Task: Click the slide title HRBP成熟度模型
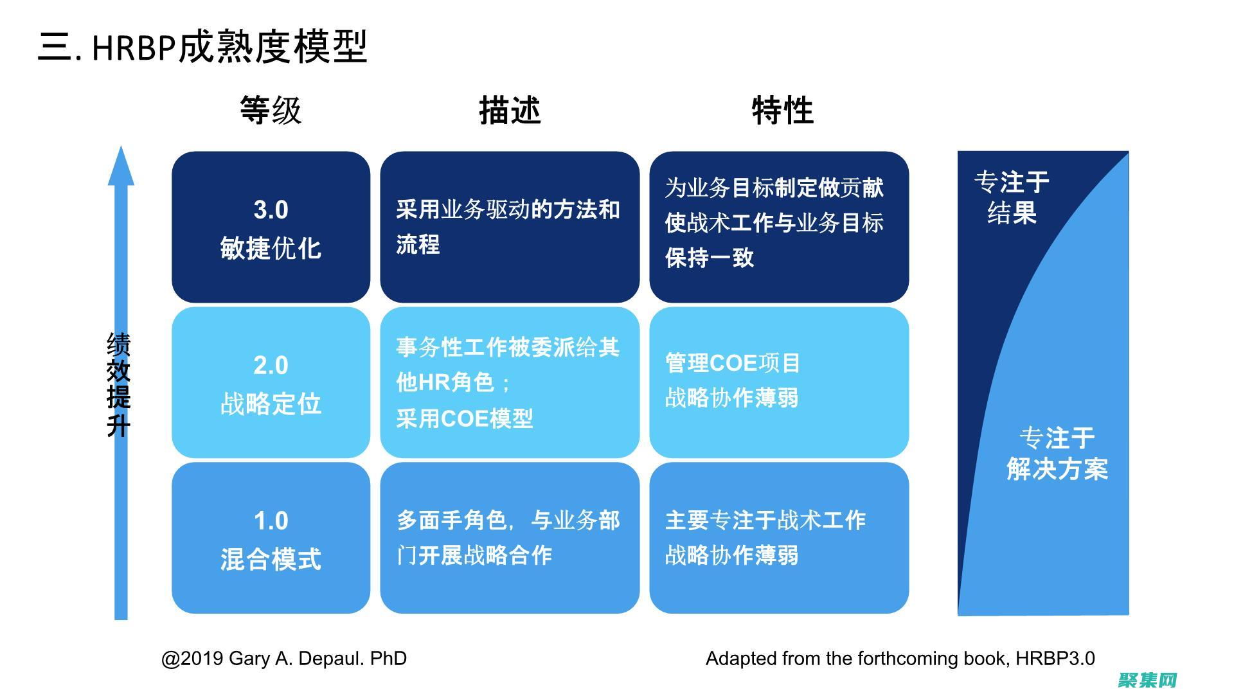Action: (x=202, y=46)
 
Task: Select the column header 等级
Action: (x=271, y=111)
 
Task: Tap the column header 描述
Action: (x=510, y=111)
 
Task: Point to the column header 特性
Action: (x=782, y=111)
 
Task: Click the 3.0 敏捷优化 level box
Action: (x=271, y=227)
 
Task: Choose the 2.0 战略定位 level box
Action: (x=271, y=383)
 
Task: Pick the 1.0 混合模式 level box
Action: (x=271, y=538)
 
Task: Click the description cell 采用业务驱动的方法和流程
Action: (x=510, y=227)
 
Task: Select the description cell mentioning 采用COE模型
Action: (x=510, y=383)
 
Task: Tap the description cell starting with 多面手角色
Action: (x=510, y=538)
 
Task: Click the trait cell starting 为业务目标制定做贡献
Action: (x=779, y=227)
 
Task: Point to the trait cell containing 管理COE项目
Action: (x=779, y=383)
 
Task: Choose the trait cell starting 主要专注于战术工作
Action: (x=779, y=538)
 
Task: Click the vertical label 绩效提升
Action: (x=119, y=384)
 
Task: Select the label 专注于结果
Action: (x=1012, y=197)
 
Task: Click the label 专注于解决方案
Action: (x=1057, y=454)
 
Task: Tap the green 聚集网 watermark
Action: (x=1147, y=680)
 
